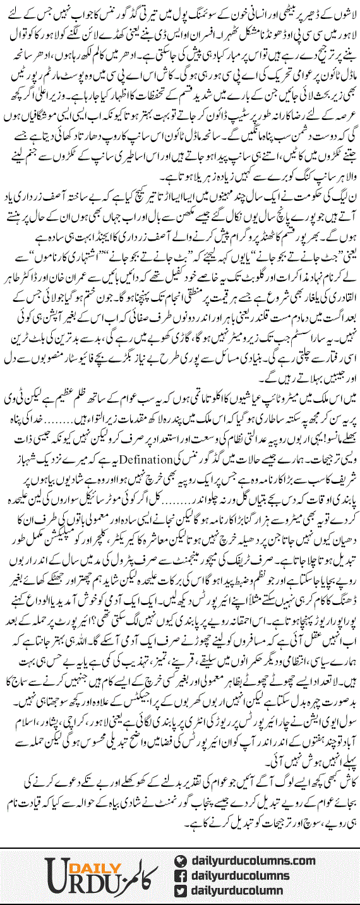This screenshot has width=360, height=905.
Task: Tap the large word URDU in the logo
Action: (x=51, y=880)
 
